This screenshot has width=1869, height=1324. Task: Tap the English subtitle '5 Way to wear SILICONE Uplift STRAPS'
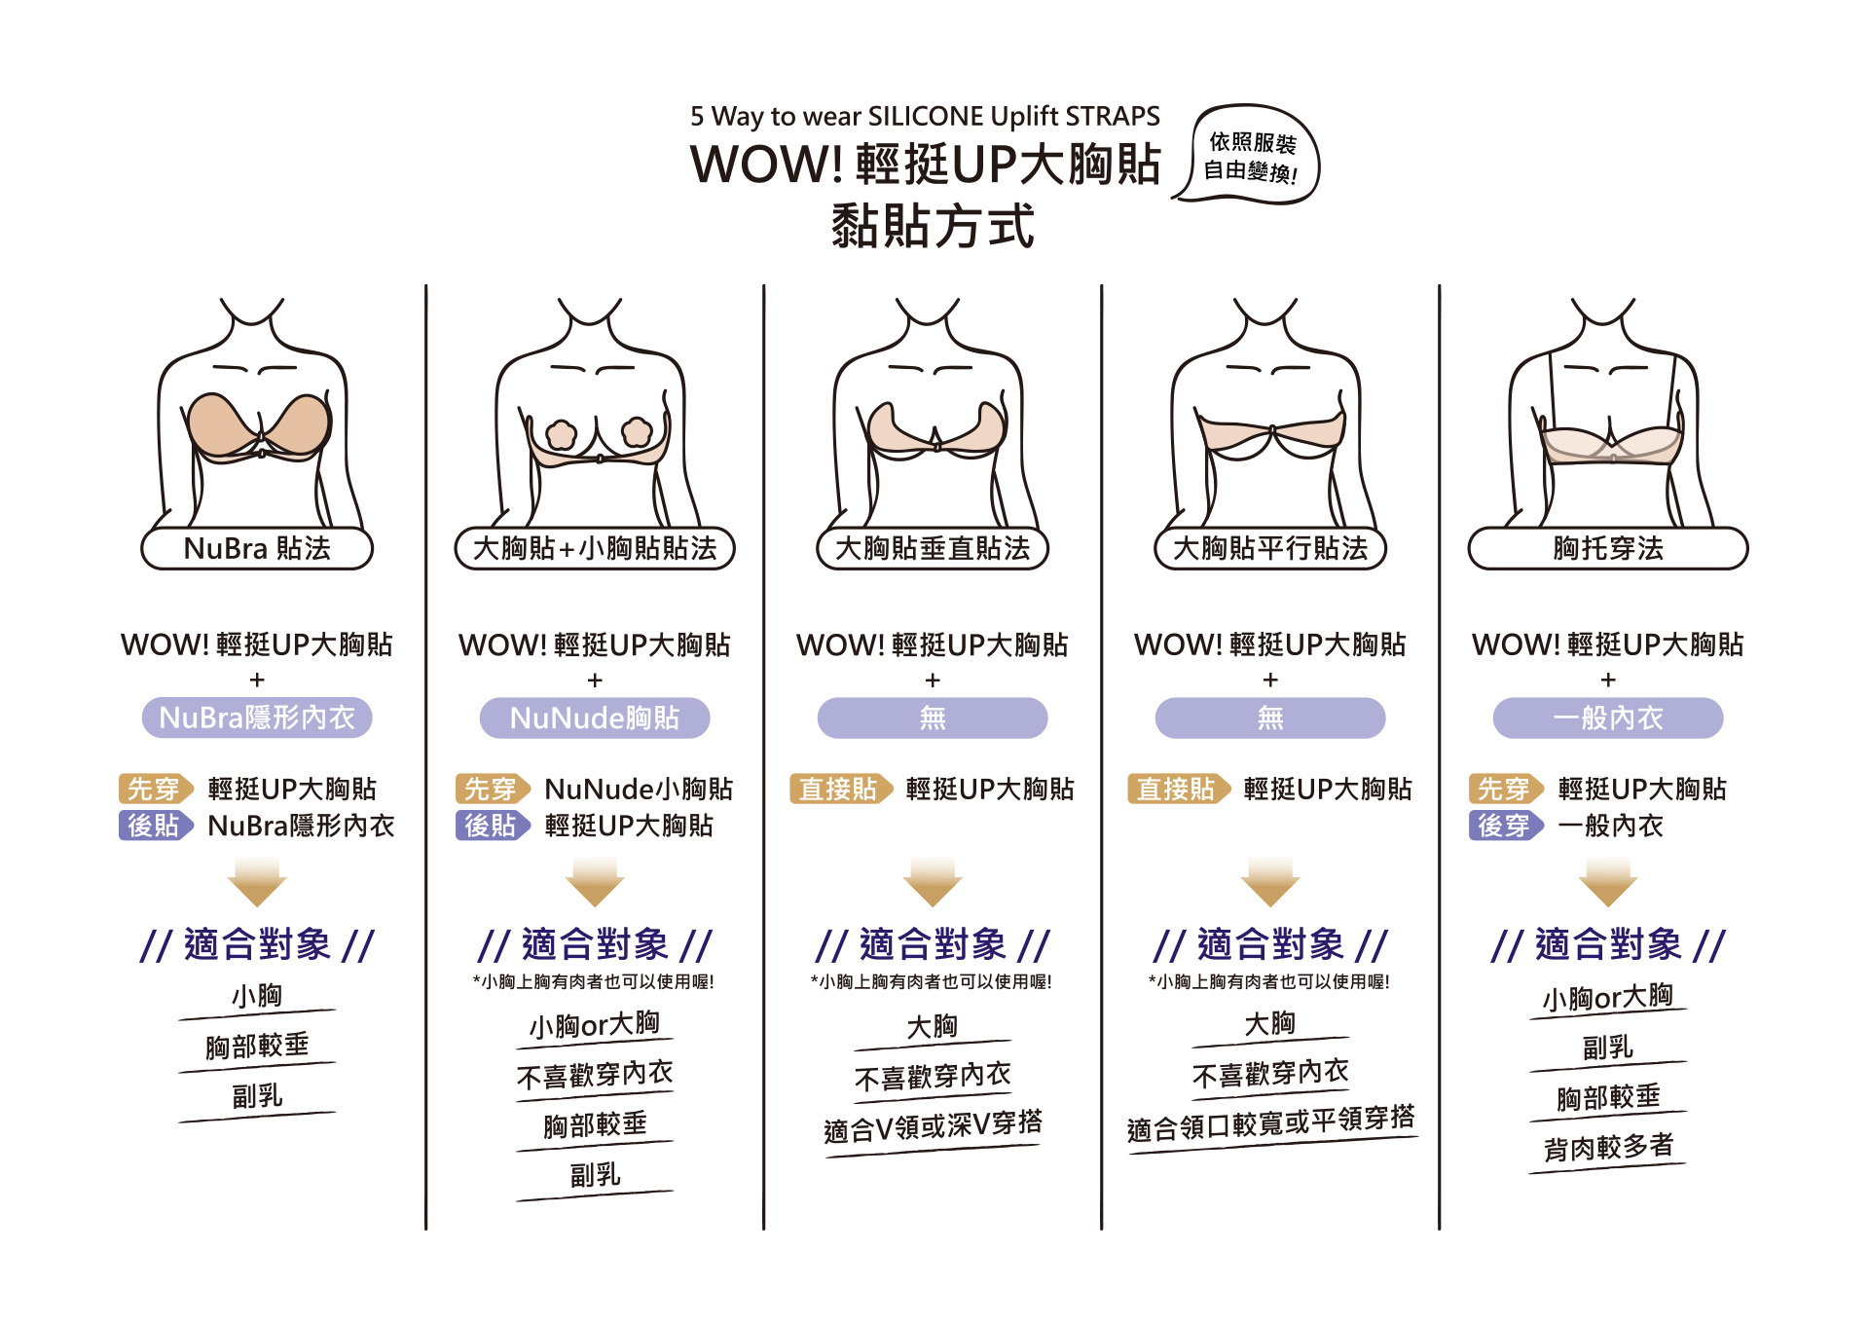[925, 117]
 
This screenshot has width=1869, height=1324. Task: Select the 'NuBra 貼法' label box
[257, 549]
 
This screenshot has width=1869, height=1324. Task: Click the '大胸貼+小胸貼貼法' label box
[595, 549]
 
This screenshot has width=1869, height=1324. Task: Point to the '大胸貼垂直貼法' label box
[933, 549]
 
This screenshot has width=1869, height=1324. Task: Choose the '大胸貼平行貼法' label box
[1270, 549]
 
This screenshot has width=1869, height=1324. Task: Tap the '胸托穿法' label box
[1608, 549]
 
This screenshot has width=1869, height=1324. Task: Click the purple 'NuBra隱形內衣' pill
[257, 718]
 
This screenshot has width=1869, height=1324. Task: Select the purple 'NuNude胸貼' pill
[595, 718]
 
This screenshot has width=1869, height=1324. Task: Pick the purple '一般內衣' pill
[1608, 718]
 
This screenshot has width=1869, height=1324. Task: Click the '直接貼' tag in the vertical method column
[839, 789]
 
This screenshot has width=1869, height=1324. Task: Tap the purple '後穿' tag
[1505, 826]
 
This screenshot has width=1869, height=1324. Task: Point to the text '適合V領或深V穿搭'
[933, 1126]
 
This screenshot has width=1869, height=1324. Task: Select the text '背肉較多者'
[1608, 1147]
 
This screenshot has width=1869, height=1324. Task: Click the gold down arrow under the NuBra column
[257, 882]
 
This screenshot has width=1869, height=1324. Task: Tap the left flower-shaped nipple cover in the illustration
[562, 433]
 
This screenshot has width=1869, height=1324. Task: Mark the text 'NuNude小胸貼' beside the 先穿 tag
[639, 789]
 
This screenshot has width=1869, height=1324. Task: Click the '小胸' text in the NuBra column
[257, 996]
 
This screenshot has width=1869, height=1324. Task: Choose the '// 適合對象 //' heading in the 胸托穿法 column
[1608, 944]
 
